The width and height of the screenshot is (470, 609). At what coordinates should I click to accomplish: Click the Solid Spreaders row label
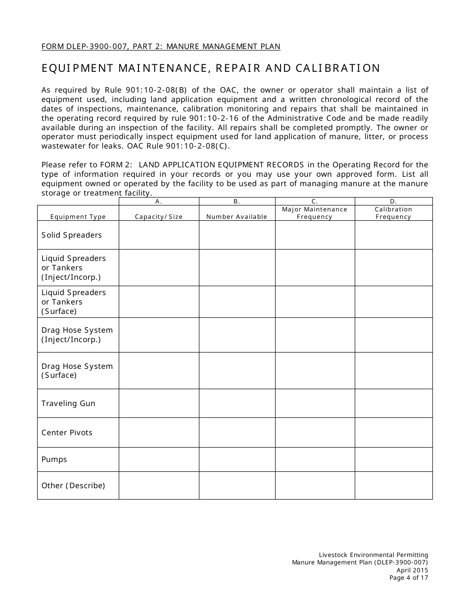pyautogui.click(x=71, y=235)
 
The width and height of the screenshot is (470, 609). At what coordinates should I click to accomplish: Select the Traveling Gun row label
pyautogui.click(x=68, y=404)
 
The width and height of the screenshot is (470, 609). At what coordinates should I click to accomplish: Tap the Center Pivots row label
pyautogui.click(x=67, y=433)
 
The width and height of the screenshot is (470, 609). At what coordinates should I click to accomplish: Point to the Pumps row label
pyautogui.click(x=54, y=459)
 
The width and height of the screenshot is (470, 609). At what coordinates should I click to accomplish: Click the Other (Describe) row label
pyautogui.click(x=73, y=486)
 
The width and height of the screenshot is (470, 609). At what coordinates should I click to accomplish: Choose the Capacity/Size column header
pyautogui.click(x=159, y=217)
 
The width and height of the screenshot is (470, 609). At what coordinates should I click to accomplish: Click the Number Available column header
pyautogui.click(x=236, y=217)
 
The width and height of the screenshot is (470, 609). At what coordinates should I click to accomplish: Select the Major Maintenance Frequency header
pyautogui.click(x=315, y=213)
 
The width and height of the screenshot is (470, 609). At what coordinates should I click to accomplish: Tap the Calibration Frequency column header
pyautogui.click(x=393, y=213)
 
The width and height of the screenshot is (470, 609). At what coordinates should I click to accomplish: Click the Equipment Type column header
pyautogui.click(x=78, y=217)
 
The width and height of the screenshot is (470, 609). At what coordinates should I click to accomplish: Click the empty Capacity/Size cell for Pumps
pyautogui.click(x=159, y=459)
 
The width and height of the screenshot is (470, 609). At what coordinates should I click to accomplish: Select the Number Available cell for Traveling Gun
pyautogui.click(x=237, y=404)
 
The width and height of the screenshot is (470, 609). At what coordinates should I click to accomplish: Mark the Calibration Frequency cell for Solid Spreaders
pyautogui.click(x=393, y=235)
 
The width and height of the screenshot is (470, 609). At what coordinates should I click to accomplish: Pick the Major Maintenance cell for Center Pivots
pyautogui.click(x=315, y=433)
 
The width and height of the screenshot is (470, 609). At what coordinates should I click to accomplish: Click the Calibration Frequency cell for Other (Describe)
pyautogui.click(x=393, y=486)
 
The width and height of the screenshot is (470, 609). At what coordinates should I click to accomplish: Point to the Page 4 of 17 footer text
pyautogui.click(x=409, y=577)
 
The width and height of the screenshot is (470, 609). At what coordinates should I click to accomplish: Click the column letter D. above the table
pyautogui.click(x=393, y=202)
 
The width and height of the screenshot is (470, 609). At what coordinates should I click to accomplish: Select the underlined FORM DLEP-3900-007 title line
pyautogui.click(x=161, y=47)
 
